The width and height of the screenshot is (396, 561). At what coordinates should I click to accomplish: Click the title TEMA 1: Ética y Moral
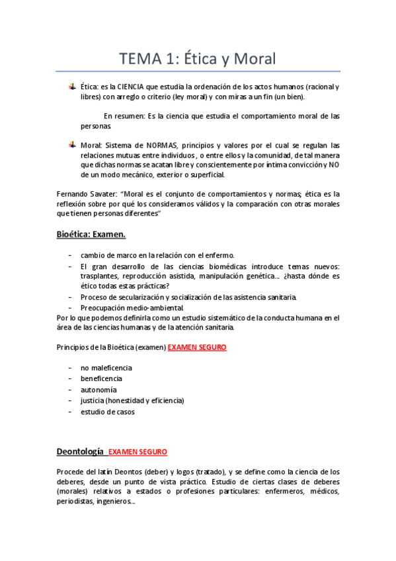197,59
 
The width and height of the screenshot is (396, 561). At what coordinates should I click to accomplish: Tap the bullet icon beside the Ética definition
72,87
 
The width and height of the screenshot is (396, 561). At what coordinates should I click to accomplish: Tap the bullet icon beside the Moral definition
72,145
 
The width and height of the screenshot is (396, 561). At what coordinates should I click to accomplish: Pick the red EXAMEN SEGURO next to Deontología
138,452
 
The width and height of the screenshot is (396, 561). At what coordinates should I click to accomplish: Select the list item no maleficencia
106,367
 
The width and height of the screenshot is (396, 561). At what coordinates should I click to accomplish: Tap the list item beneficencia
101,378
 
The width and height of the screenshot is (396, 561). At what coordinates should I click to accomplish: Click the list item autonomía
99,390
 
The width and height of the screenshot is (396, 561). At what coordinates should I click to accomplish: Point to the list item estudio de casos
108,411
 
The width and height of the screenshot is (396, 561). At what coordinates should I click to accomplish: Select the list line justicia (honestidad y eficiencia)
132,400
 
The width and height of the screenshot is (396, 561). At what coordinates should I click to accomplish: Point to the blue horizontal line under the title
197,71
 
